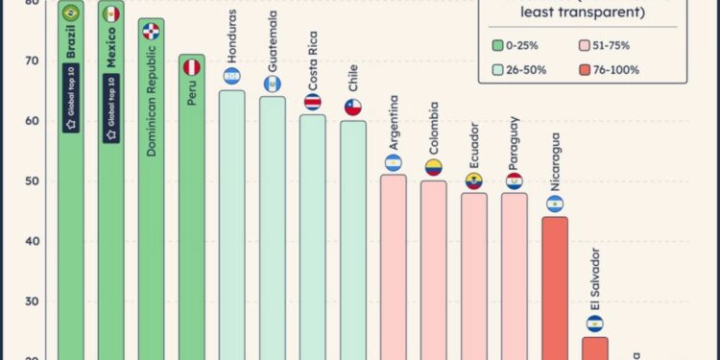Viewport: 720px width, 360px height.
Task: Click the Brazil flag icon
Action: click(x=70, y=13)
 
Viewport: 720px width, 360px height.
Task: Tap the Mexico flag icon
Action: click(x=111, y=13)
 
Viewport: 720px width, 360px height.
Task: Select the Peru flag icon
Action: click(x=192, y=67)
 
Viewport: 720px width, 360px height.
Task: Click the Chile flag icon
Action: click(x=353, y=108)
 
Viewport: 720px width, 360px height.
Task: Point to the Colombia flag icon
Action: click(x=434, y=168)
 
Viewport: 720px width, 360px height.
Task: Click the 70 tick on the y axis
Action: click(x=33, y=61)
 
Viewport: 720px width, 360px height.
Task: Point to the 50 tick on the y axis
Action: click(x=33, y=181)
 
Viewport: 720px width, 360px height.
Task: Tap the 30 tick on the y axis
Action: click(x=33, y=301)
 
